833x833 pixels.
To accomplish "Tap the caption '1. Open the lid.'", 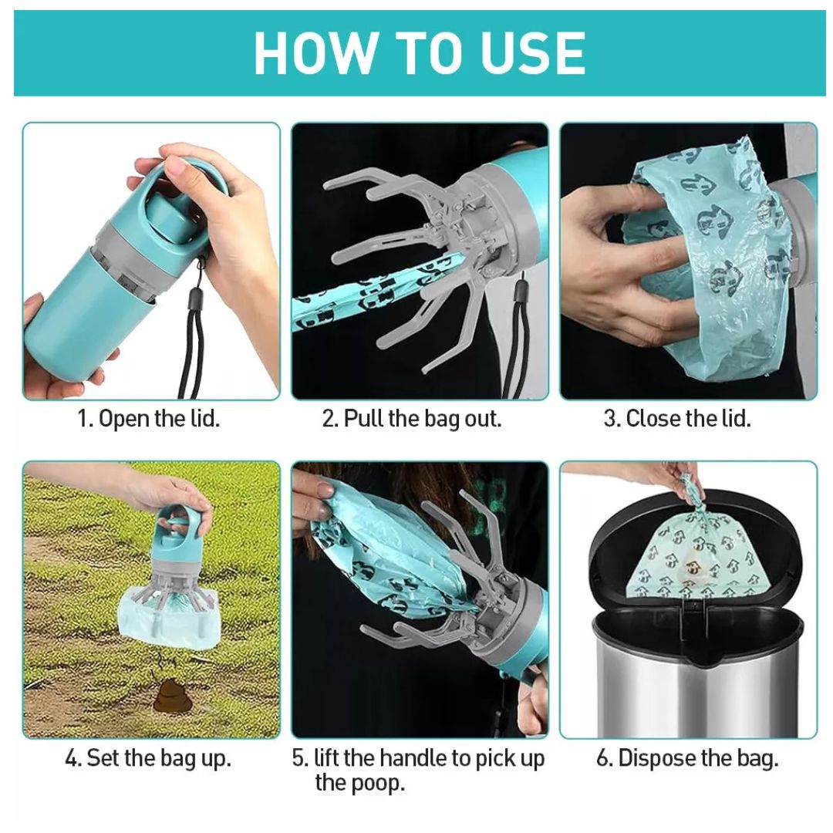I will click(149, 419).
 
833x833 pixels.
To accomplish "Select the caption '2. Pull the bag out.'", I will click(412, 419).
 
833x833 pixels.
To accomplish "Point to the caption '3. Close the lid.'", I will click(676, 419).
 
